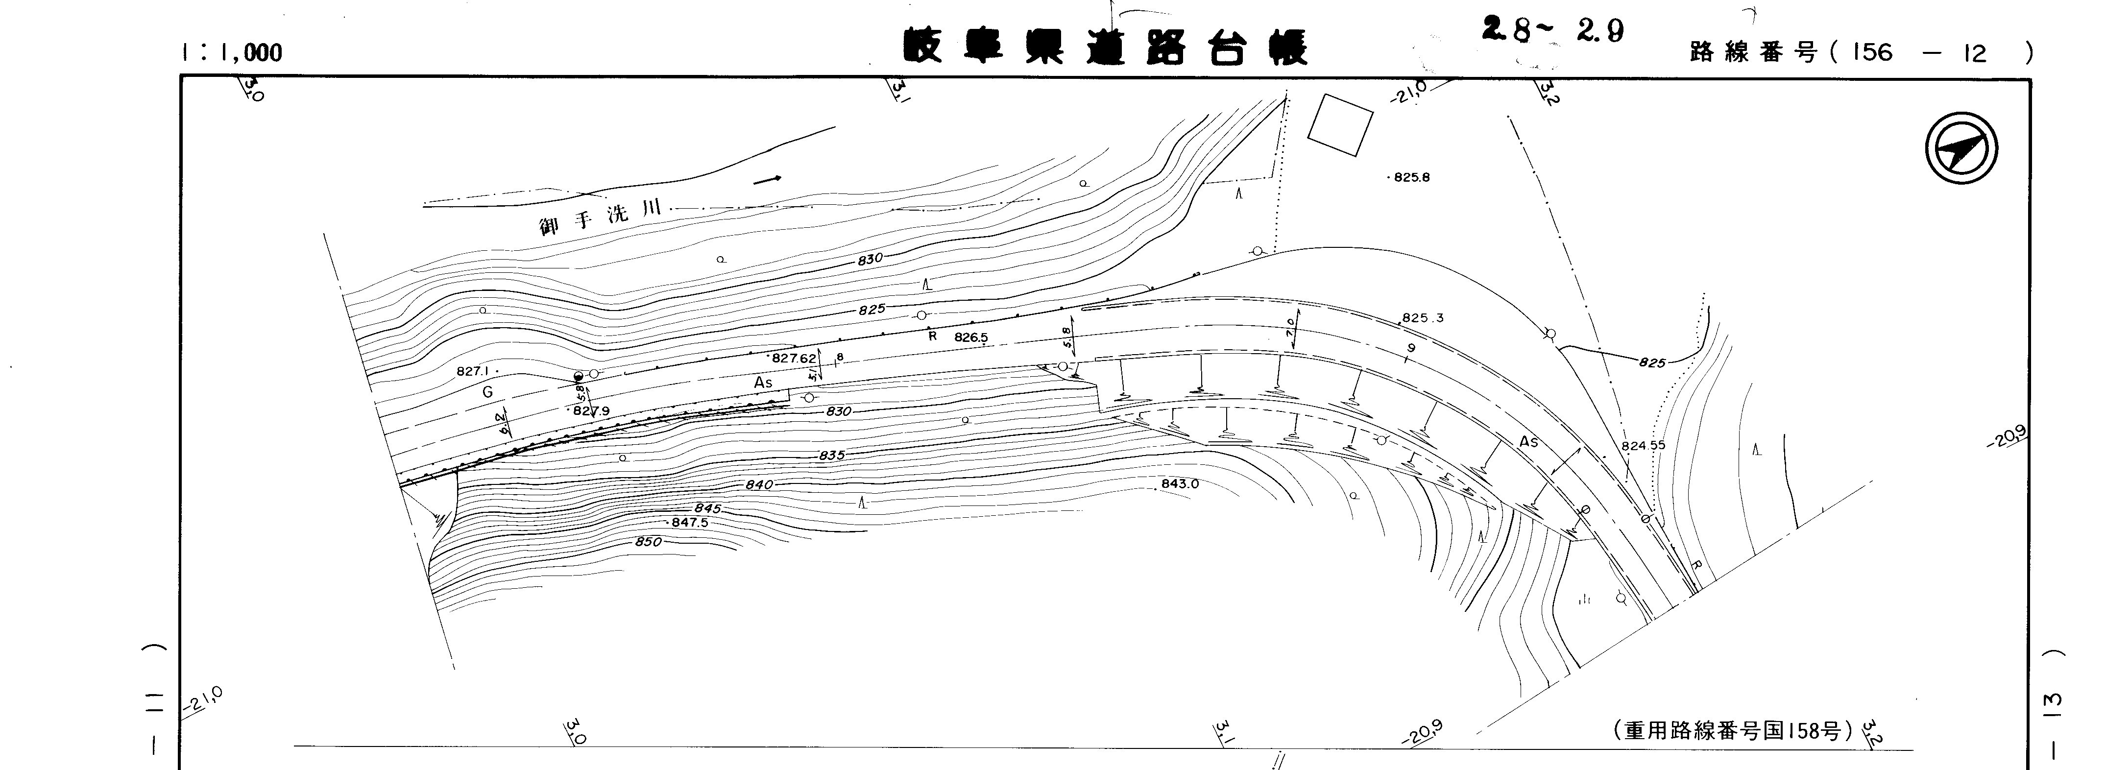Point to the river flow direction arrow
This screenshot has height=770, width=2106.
coord(767,178)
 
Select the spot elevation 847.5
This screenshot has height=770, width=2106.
coord(689,522)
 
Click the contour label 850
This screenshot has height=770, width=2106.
coord(648,541)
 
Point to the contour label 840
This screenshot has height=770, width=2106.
coord(759,485)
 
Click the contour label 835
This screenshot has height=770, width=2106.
coord(831,456)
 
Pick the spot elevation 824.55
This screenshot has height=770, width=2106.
coord(1643,445)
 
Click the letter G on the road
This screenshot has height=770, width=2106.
coord(487,392)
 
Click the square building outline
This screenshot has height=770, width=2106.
coord(1340,124)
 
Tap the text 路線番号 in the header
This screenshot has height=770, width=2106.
coord(1753,53)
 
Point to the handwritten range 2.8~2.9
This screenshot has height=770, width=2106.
coord(1552,30)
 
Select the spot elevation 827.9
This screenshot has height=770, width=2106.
coord(591,411)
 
